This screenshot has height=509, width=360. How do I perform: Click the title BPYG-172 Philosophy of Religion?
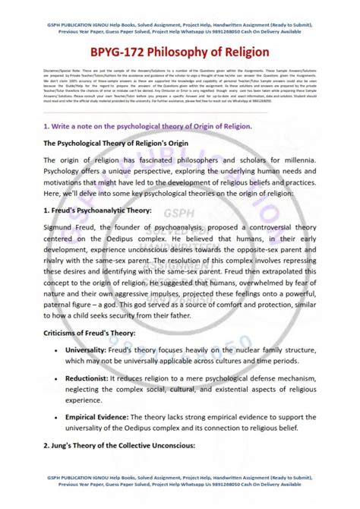tap(180, 52)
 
